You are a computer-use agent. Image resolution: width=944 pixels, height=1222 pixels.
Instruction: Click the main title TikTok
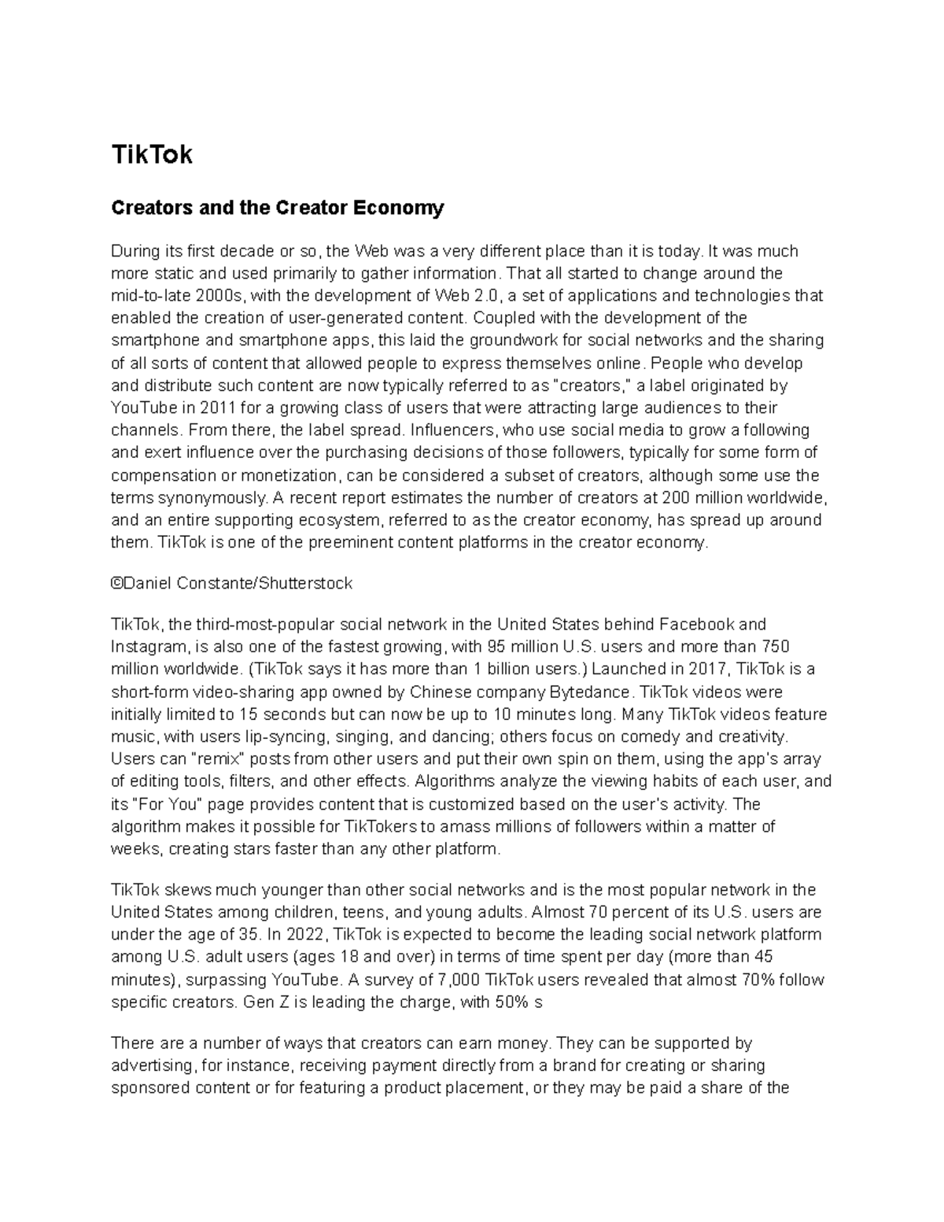coord(152,155)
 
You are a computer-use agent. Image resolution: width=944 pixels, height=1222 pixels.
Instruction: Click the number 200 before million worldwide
coord(676,498)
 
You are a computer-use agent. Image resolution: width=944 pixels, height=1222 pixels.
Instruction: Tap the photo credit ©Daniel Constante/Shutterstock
coord(232,584)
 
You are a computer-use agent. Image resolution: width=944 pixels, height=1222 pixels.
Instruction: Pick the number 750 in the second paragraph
coord(775,647)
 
